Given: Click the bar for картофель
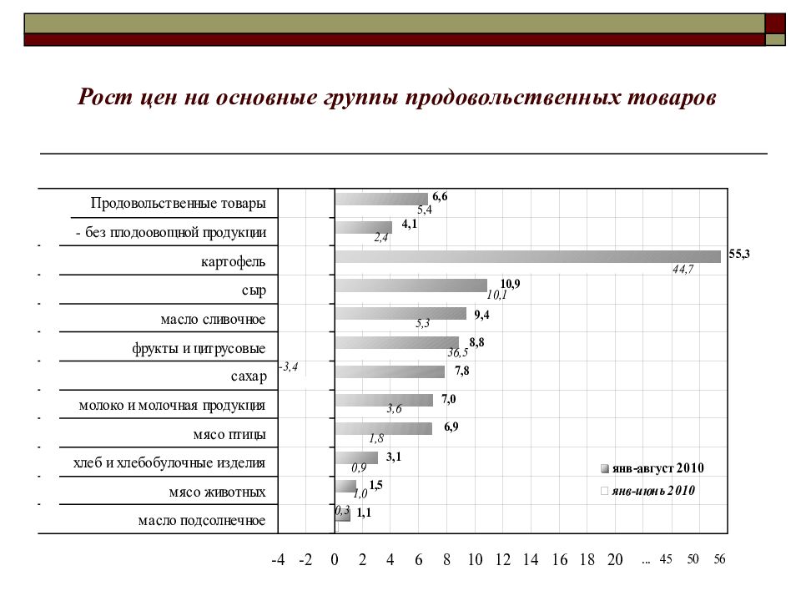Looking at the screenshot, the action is click(x=527, y=256).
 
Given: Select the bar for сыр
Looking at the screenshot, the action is click(x=411, y=285).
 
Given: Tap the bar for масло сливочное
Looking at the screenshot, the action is click(x=401, y=313).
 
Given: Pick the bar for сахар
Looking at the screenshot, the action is click(x=390, y=371).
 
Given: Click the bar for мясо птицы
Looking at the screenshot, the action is click(x=384, y=428).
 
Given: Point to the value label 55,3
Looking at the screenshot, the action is click(x=739, y=254).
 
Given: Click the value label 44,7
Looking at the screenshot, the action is click(x=683, y=269).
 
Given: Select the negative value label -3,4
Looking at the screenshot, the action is click(x=289, y=366).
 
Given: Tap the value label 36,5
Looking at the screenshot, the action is click(x=458, y=352).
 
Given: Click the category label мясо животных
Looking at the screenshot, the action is click(x=217, y=492).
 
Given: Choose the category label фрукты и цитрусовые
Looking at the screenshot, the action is click(x=199, y=349).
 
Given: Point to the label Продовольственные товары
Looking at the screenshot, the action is click(x=179, y=203).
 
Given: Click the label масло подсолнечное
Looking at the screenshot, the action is click(x=202, y=521).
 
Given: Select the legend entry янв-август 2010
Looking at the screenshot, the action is click(x=652, y=468).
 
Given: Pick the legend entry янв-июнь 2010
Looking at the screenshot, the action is click(x=647, y=491).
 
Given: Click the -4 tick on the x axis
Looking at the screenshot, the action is click(x=278, y=560).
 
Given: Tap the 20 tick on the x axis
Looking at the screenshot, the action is click(x=615, y=560).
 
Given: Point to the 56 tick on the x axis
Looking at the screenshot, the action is click(x=719, y=559).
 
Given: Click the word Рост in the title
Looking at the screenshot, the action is click(x=105, y=97).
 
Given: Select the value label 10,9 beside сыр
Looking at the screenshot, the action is click(x=510, y=284).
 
